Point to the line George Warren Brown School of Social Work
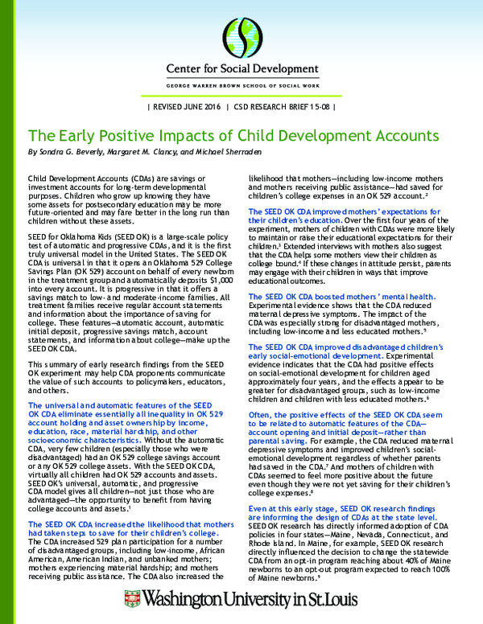[x=241, y=84]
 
